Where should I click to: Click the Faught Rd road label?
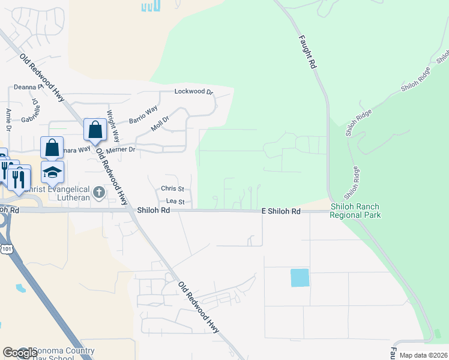pyautogui.click(x=306, y=52)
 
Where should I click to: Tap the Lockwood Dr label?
pyautogui.click(x=193, y=92)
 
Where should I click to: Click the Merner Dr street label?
pyautogui.click(x=120, y=149)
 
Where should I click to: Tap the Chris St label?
pyautogui.click(x=172, y=188)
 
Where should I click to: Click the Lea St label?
pyautogui.click(x=175, y=202)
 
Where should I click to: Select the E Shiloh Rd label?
pyautogui.click(x=281, y=212)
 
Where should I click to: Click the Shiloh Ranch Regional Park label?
pyautogui.click(x=355, y=211)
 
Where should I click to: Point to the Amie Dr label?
pyautogui.click(x=8, y=120)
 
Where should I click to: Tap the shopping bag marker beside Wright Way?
pyautogui.click(x=95, y=129)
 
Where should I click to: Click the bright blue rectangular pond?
pyautogui.click(x=300, y=278)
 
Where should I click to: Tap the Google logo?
pyautogui.click(x=19, y=353)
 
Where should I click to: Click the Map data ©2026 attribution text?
pyautogui.click(x=423, y=355)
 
